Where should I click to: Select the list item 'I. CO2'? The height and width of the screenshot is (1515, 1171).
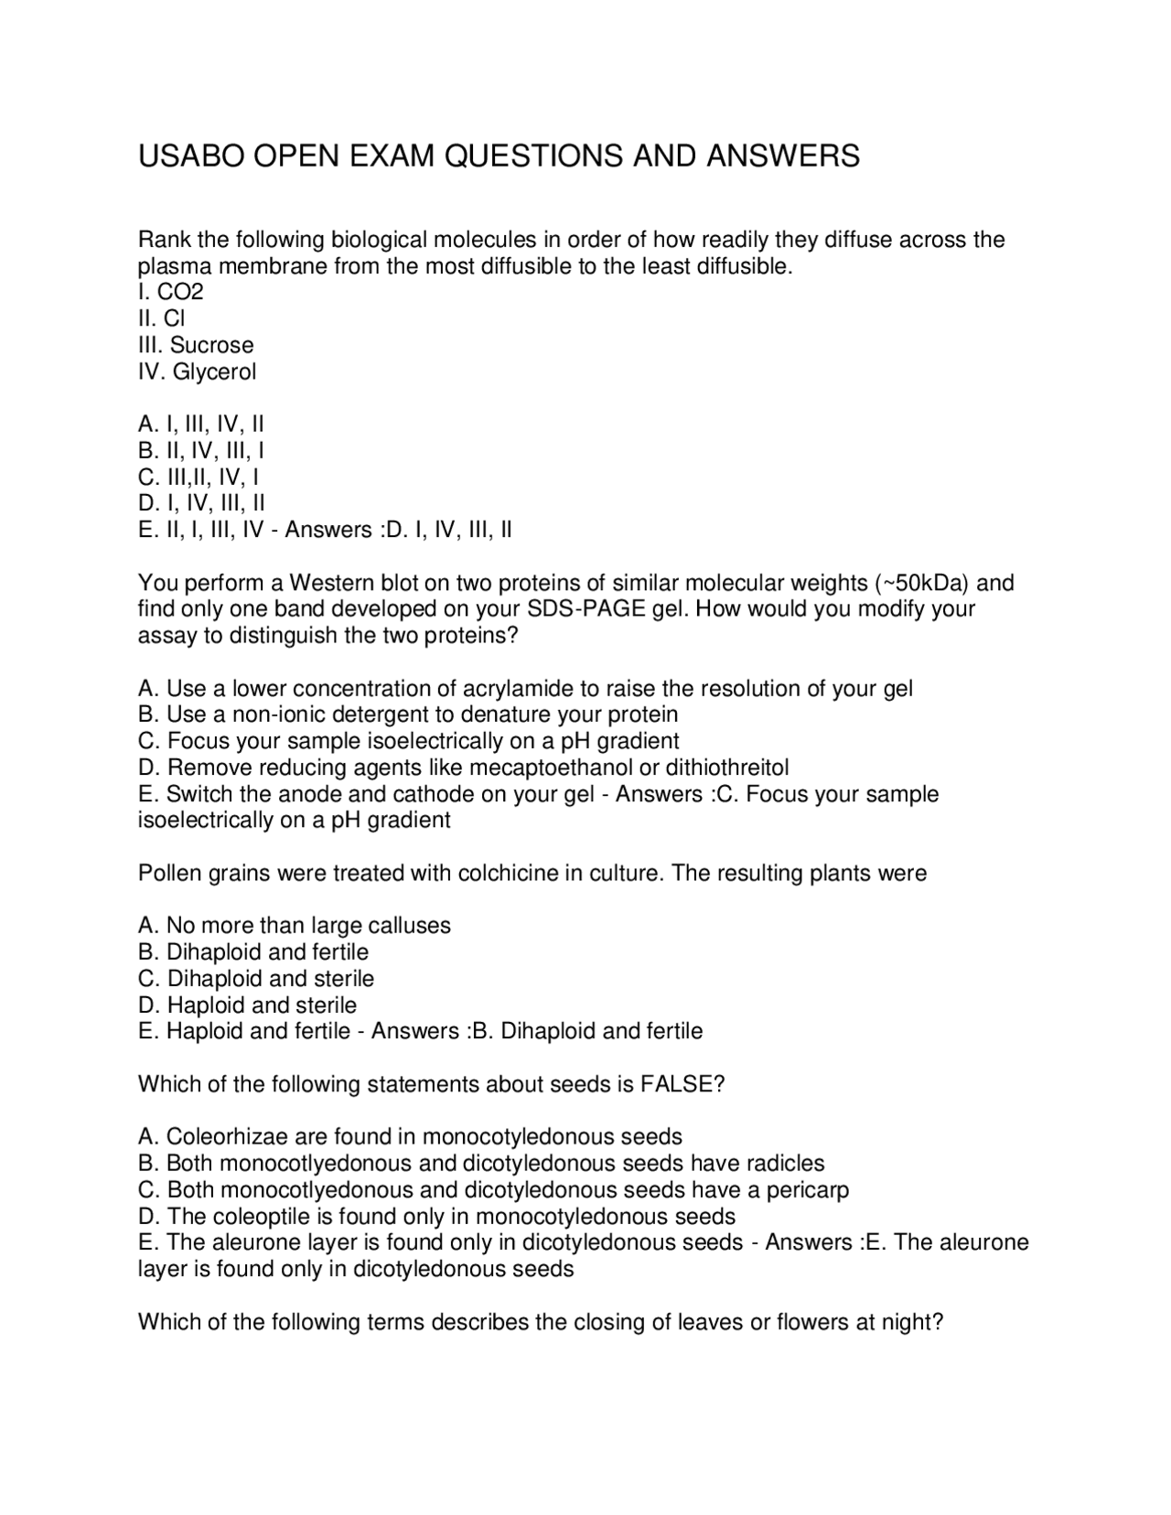click(171, 292)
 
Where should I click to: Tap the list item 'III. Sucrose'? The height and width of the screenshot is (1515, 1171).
click(196, 345)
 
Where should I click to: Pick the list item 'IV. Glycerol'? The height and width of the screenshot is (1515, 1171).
click(197, 371)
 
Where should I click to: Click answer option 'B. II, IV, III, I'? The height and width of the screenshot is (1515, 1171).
click(201, 450)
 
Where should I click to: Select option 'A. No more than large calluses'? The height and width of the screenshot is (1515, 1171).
click(294, 925)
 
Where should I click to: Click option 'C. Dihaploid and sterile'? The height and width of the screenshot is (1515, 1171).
click(256, 978)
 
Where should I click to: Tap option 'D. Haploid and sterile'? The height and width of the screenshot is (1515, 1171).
click(247, 1005)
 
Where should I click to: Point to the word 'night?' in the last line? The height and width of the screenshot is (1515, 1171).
click(912, 1322)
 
